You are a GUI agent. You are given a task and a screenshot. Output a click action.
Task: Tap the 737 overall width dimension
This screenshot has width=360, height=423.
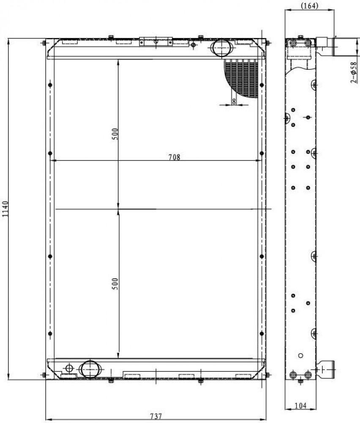[x=156, y=416]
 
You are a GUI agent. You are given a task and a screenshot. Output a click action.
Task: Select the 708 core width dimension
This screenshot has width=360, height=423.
[x=175, y=157]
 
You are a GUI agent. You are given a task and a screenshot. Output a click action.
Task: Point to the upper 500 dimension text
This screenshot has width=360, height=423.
[x=115, y=134]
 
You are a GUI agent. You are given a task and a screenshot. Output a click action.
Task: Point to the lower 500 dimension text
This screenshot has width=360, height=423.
[x=115, y=284]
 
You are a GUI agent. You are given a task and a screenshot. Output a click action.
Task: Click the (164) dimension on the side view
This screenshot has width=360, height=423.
[x=309, y=5]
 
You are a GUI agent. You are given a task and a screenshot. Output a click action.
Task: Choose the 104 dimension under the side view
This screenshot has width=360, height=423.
[x=300, y=406]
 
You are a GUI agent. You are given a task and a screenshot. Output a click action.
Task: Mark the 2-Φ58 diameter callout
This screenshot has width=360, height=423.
[x=354, y=72]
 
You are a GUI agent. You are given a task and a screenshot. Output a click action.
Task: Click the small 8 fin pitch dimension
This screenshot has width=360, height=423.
[x=234, y=102]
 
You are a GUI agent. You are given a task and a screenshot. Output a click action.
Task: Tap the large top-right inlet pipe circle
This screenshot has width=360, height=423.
[x=221, y=48]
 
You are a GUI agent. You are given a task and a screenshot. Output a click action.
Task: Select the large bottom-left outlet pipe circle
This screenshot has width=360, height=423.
[x=90, y=369]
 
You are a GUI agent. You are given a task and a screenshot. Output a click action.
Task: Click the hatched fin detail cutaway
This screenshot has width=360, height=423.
[x=241, y=78]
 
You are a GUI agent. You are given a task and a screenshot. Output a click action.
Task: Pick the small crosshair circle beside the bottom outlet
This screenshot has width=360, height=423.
[x=69, y=368]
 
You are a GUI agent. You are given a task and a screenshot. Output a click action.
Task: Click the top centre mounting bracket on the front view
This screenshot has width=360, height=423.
[x=156, y=41]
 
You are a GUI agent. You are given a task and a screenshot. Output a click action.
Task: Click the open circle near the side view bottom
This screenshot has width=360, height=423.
[x=301, y=356]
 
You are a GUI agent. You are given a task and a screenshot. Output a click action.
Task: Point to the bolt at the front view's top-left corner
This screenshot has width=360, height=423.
[x=44, y=43]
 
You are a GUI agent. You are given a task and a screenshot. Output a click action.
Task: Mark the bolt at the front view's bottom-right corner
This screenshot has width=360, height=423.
[x=267, y=375]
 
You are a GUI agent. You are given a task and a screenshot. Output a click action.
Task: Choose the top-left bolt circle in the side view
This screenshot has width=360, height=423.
[x=293, y=43]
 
